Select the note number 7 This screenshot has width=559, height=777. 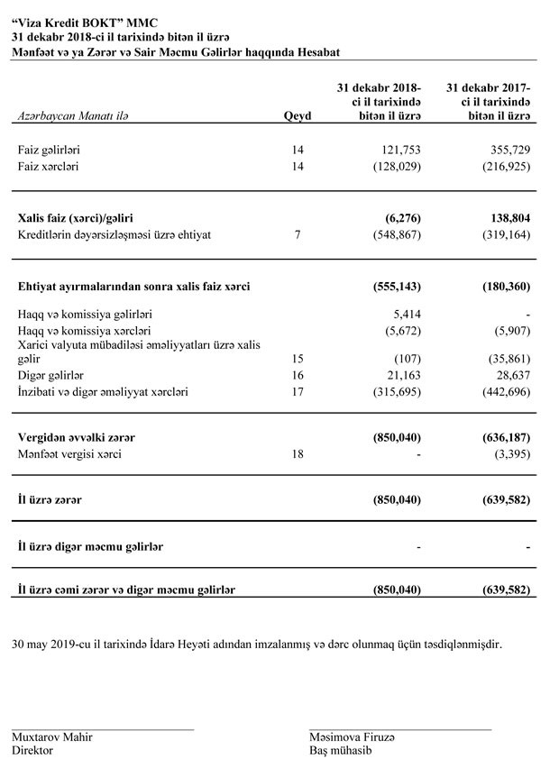(299, 235)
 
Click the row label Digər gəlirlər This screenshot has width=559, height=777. (50, 375)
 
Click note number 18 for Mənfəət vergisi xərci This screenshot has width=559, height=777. (299, 454)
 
